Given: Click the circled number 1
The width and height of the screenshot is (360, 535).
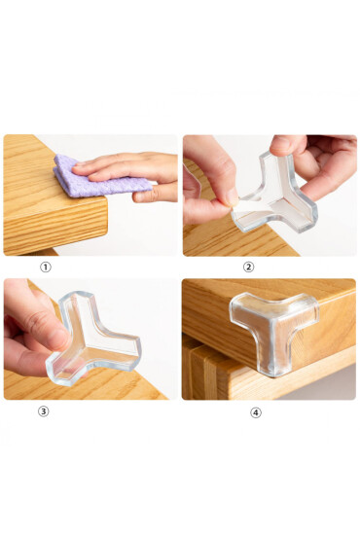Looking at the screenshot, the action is (x=46, y=267).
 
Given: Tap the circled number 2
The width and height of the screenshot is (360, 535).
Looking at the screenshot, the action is (x=248, y=267).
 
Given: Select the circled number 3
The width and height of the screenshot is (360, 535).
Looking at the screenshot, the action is (x=44, y=411).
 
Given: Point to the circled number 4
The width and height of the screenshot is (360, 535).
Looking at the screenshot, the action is (x=256, y=412).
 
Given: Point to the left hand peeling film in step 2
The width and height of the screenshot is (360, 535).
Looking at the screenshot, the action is (x=209, y=184).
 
